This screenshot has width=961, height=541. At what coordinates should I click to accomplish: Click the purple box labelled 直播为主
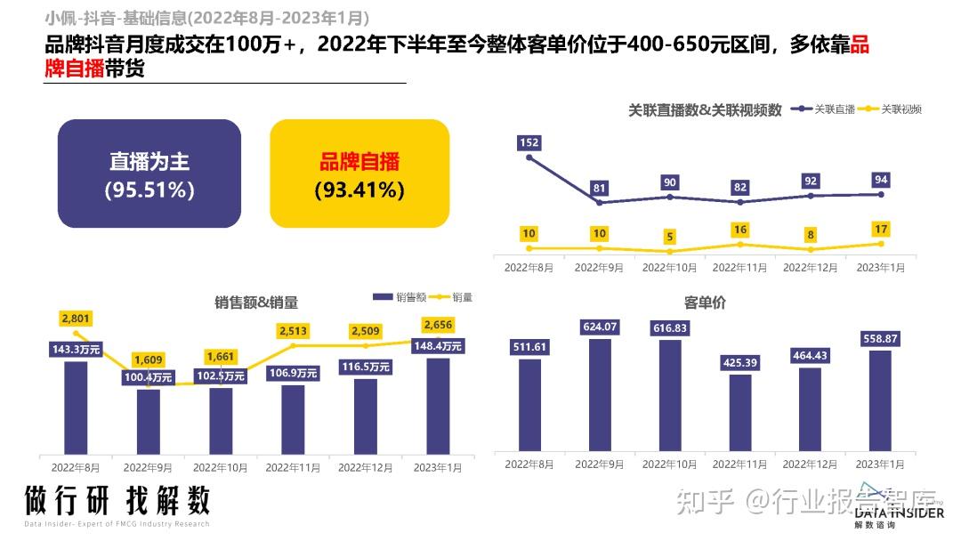click(149, 174)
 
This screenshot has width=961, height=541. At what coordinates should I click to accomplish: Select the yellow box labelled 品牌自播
click(359, 174)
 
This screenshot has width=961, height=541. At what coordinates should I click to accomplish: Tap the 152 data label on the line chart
click(529, 142)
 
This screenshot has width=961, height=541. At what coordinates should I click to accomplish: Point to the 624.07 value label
click(599, 327)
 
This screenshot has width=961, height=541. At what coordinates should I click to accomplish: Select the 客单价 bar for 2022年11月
click(740, 412)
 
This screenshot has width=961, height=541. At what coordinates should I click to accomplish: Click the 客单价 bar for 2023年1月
click(880, 400)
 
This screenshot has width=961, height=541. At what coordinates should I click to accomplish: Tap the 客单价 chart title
click(705, 303)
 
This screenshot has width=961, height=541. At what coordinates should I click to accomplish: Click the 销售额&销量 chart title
click(256, 303)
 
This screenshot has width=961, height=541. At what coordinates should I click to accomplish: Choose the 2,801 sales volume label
click(76, 318)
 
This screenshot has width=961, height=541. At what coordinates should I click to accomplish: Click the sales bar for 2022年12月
click(366, 416)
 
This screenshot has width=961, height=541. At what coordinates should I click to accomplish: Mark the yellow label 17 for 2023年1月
click(881, 230)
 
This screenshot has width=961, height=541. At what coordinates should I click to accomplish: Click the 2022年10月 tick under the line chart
click(670, 267)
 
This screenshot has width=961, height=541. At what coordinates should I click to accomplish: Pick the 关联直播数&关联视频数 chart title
click(705, 110)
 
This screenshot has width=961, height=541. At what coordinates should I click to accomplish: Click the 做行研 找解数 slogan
click(117, 500)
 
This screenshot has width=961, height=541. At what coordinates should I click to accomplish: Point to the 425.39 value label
click(739, 362)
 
